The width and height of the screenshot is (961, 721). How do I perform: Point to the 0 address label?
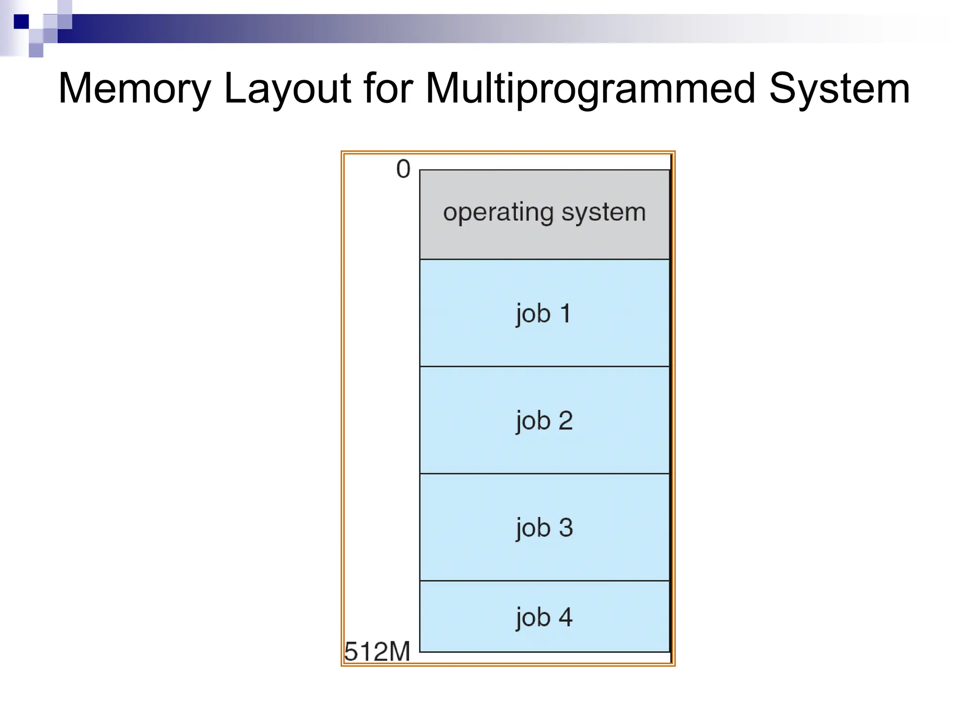tap(403, 169)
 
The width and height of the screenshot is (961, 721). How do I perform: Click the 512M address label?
tap(377, 652)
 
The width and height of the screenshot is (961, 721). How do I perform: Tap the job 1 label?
tap(544, 314)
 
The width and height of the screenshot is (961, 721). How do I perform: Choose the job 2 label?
tap(544, 421)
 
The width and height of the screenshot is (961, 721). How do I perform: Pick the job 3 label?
tap(544, 528)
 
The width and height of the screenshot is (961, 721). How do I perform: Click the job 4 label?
tap(544, 617)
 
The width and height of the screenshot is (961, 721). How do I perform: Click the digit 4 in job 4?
tap(565, 616)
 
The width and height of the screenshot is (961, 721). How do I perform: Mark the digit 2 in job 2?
tap(565, 420)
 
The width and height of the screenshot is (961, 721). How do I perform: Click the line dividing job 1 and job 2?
tap(544, 366)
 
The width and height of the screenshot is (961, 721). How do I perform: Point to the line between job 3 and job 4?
tap(544, 581)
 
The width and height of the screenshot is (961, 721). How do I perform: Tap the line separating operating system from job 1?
tap(544, 259)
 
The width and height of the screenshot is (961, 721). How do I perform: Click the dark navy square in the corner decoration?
tap(21, 22)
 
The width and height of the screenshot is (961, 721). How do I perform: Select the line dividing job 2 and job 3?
tap(544, 474)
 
